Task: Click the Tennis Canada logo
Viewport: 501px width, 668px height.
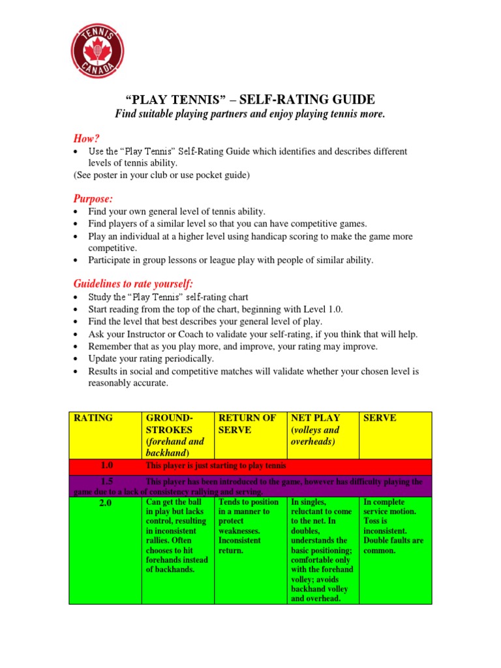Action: coord(97,50)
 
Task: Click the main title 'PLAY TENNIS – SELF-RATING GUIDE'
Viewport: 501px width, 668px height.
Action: coord(250,100)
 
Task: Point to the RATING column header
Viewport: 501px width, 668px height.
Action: coord(94,418)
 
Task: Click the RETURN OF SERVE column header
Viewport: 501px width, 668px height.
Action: coord(247,423)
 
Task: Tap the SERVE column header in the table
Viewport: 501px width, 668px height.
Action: coord(379,418)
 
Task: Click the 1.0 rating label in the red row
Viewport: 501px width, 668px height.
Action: coord(107,466)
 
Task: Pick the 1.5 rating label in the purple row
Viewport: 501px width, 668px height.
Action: coord(107,481)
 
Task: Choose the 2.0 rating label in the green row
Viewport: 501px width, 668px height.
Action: coord(107,503)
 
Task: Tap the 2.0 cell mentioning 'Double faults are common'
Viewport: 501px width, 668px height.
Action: coord(394,526)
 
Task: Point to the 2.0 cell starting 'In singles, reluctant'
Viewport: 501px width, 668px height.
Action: coord(322,550)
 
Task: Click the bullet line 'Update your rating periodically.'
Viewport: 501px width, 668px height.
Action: coord(151,359)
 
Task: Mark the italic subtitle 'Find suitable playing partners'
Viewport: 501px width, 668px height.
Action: coord(250,115)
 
